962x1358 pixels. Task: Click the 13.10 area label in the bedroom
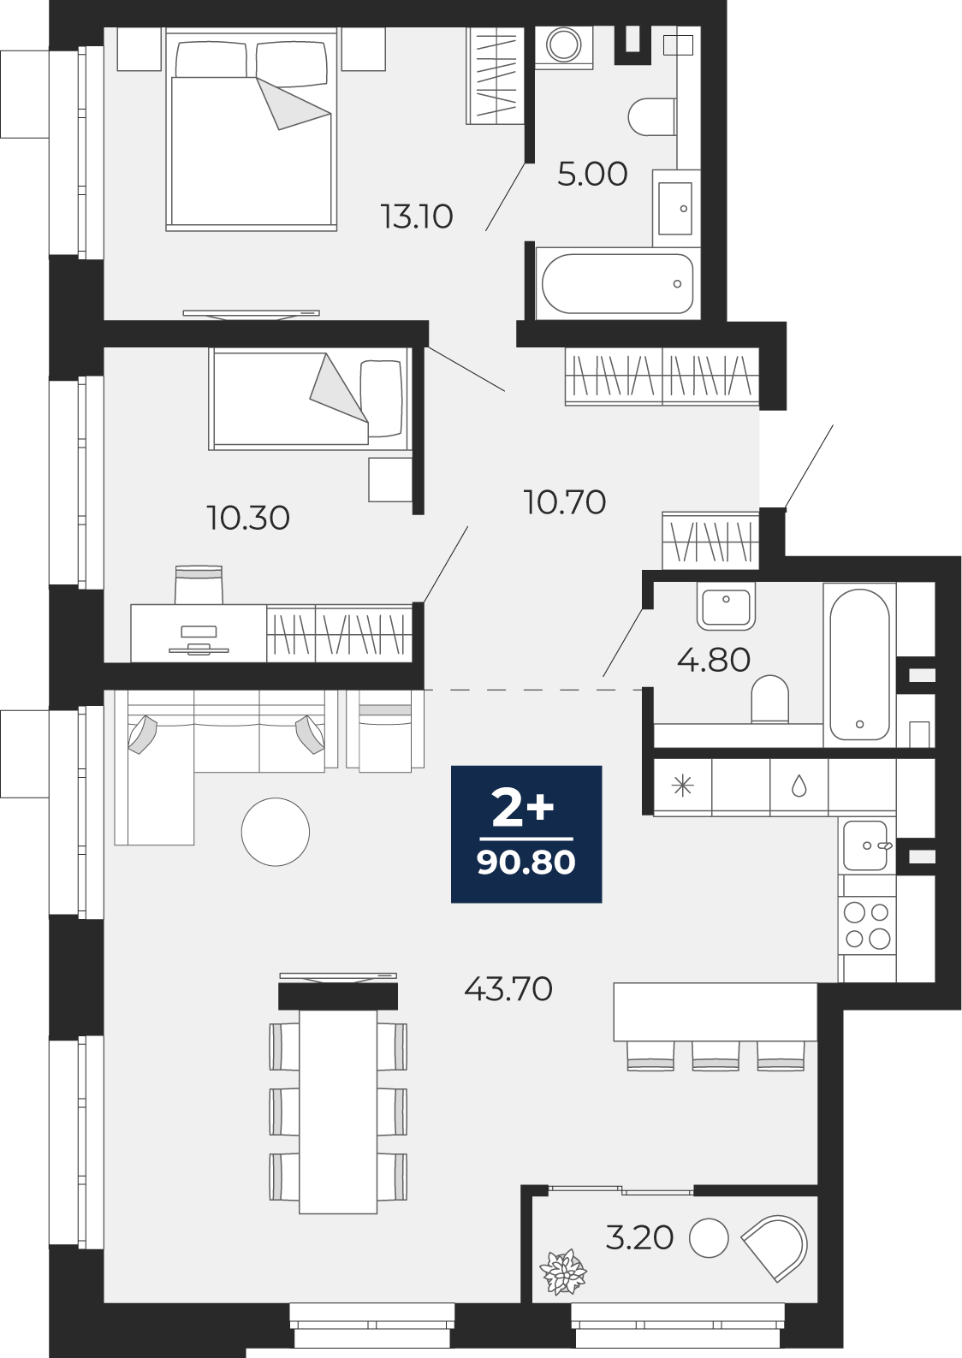418,216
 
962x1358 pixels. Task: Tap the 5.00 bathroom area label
592,174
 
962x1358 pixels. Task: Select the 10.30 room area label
248,518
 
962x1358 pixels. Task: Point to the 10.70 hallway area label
565,502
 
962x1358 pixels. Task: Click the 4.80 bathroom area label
713,660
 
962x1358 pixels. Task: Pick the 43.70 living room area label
508,989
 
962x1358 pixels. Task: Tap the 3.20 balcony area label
639,1237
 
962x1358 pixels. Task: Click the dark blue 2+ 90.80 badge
526,834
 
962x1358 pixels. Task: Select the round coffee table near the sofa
276,832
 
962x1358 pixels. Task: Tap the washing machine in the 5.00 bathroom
564,44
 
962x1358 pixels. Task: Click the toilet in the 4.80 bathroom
769,698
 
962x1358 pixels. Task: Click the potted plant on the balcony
563,1272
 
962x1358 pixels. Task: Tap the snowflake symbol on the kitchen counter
682,787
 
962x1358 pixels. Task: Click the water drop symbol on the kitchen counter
799,787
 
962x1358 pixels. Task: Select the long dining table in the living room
338,1112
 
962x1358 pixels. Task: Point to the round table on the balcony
709,1237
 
